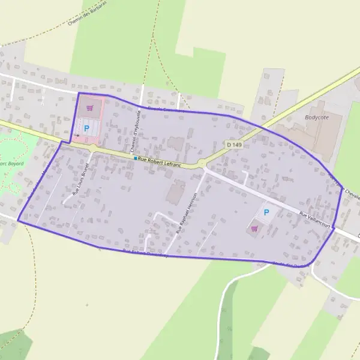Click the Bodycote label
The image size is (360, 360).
click(317, 118)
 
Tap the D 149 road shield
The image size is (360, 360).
click(234, 145)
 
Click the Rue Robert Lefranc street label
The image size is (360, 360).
click(160, 161)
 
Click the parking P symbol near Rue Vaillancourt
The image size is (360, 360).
click(267, 212)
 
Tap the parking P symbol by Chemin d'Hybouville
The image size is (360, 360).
click(86, 128)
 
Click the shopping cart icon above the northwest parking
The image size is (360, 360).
click(89, 109)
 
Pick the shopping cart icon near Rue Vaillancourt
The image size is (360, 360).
click(254, 228)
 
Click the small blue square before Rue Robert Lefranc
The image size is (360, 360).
click(136, 158)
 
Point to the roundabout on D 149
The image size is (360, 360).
click(202, 164)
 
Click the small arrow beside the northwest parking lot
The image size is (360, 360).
click(76, 137)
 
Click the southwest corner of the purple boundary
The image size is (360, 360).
click(18, 221)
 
